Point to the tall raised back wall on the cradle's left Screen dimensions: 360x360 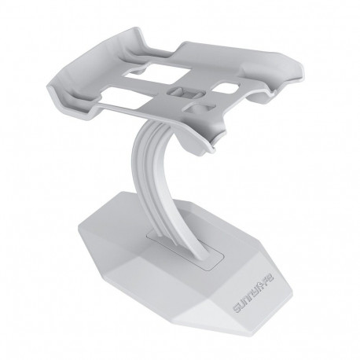click(98, 67)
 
